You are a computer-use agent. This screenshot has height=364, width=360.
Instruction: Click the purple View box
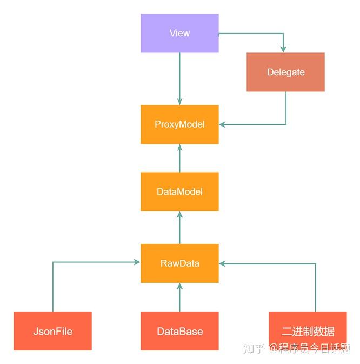[x=179, y=33]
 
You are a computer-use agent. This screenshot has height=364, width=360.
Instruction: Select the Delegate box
[x=285, y=72]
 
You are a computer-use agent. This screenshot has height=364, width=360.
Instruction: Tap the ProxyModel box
[x=179, y=124]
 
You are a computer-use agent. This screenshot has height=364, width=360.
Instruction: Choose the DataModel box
[x=179, y=191]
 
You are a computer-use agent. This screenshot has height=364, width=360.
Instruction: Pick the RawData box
[x=179, y=263]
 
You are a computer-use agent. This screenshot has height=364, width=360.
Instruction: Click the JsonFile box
[x=52, y=331]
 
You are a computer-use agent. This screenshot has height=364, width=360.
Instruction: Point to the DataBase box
[x=179, y=331]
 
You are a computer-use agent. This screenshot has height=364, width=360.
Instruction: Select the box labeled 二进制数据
[x=308, y=331]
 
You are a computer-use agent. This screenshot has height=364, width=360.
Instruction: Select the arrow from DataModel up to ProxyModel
[x=179, y=158]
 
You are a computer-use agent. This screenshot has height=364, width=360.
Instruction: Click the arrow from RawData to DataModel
[x=179, y=227]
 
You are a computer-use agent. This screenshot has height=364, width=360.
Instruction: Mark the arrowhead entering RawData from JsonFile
[x=137, y=262]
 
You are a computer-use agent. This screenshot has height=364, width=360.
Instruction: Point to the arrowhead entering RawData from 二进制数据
[x=222, y=264]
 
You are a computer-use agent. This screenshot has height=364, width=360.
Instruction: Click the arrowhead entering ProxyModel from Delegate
[x=222, y=125]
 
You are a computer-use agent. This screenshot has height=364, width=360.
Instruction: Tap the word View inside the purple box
[x=179, y=33]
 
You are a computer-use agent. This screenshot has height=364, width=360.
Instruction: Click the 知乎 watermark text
[x=254, y=348]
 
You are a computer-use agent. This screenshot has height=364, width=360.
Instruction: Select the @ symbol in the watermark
[x=274, y=348]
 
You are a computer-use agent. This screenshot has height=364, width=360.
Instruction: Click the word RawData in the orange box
[x=179, y=263]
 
